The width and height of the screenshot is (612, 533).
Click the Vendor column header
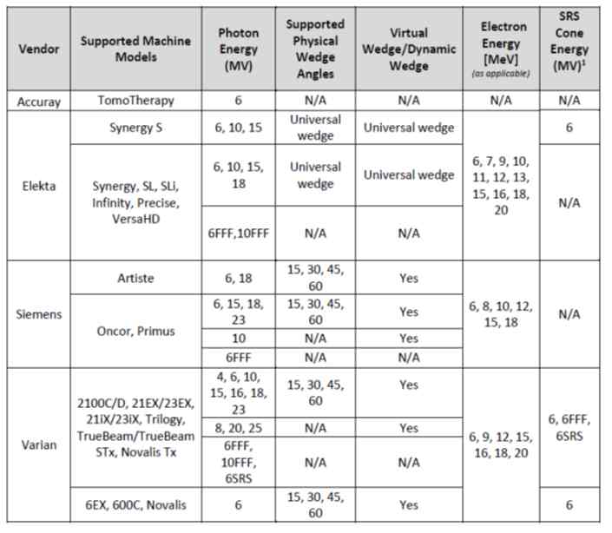click(x=39, y=49)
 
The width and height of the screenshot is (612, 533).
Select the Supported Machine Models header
click(x=135, y=49)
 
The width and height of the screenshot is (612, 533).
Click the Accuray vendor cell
click(x=39, y=101)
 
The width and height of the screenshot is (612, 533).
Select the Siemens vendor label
click(x=39, y=313)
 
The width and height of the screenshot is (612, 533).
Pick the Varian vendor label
click(x=39, y=444)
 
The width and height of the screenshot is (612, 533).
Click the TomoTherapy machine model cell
click(x=135, y=101)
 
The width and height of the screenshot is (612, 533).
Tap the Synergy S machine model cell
click(x=135, y=128)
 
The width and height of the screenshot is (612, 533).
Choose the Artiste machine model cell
click(x=135, y=278)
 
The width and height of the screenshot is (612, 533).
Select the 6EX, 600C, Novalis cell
click(x=135, y=504)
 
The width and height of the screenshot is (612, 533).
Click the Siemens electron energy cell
click(x=505, y=312)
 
